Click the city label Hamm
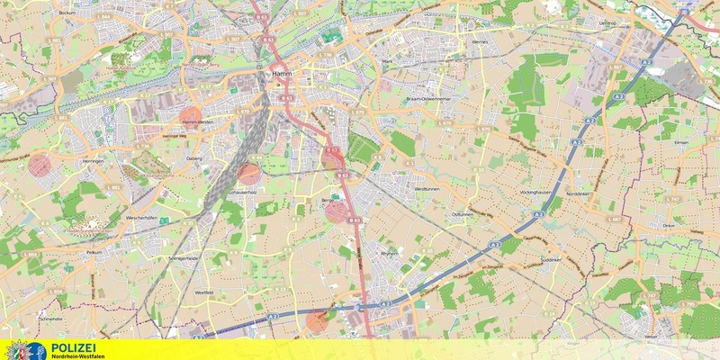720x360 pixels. pyautogui.click(x=277, y=76)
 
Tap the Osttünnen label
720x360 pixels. pyautogui.click(x=462, y=214)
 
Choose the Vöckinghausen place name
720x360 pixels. pyautogui.click(x=535, y=193)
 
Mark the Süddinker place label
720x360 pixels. pyautogui.click(x=550, y=260)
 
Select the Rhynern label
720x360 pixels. pyautogui.click(x=389, y=254)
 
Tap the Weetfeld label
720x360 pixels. pyautogui.click(x=204, y=292)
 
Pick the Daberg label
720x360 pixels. pyautogui.click(x=194, y=157)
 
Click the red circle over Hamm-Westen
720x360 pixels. pyautogui.click(x=191, y=118)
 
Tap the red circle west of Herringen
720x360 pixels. pyautogui.click(x=40, y=164)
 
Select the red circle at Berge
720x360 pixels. pyautogui.click(x=336, y=211)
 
